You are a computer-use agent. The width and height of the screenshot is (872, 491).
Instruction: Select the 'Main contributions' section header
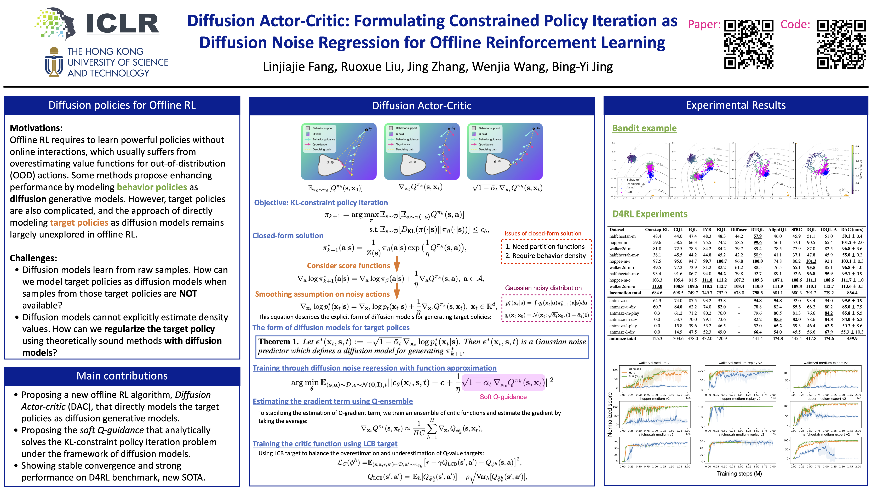[122, 376]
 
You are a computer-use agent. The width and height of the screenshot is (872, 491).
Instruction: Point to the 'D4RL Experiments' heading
[650, 214]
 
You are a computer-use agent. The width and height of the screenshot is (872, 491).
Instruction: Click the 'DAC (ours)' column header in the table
[852, 229]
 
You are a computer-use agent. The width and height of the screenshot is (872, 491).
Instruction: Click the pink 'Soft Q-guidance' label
[503, 397]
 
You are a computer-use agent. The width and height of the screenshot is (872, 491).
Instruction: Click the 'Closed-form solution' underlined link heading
[288, 235]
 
